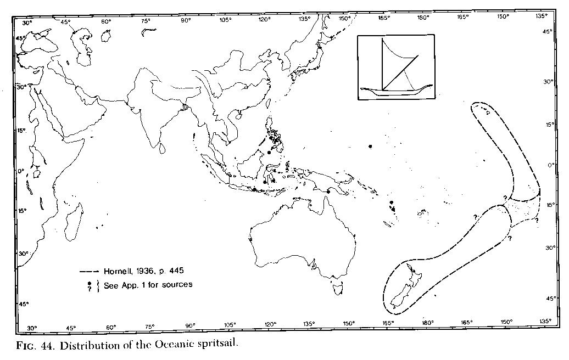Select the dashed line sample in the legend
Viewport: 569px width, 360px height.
(91, 272)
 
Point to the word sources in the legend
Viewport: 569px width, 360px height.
(175, 285)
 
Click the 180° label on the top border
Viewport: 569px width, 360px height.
(423, 18)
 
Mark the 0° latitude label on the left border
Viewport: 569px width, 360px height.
(20, 171)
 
